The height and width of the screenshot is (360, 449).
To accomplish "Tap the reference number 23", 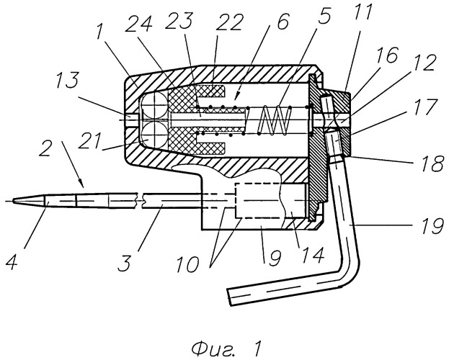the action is [x=179, y=18].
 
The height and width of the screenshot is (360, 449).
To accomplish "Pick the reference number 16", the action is [x=388, y=56].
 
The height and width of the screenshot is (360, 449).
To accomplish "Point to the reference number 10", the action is [x=187, y=264].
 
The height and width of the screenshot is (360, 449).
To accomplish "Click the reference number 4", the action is [x=12, y=261].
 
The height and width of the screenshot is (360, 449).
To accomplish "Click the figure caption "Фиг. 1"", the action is [x=226, y=348].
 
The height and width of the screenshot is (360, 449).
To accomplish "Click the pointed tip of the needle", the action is [x=13, y=201].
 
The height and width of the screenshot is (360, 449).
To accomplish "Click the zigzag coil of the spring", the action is [x=275, y=120].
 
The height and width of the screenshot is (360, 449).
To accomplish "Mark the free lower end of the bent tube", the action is [x=229, y=297].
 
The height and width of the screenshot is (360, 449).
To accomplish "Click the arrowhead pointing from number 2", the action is [x=81, y=184].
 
